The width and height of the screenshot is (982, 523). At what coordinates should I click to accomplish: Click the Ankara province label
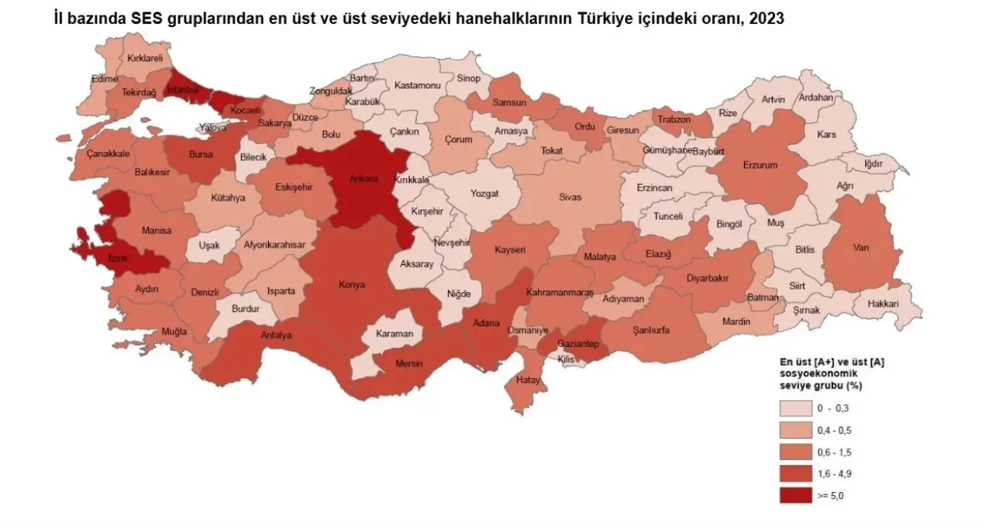point(364,178)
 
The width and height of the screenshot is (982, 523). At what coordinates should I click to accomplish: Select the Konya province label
point(351,285)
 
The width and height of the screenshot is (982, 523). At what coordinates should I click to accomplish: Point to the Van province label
point(860,249)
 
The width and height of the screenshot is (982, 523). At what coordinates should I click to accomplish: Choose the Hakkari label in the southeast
point(884,304)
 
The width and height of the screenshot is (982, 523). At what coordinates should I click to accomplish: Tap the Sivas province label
point(570,198)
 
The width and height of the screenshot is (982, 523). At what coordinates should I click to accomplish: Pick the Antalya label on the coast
point(276,335)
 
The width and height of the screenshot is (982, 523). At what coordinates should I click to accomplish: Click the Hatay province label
point(527,380)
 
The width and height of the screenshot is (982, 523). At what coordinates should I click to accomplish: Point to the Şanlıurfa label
point(650,330)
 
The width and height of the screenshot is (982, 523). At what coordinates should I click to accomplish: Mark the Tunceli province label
point(668,216)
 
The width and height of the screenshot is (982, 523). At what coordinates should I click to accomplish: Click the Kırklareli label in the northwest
point(145,58)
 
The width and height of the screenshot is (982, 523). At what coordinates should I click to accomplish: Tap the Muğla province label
point(174,332)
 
